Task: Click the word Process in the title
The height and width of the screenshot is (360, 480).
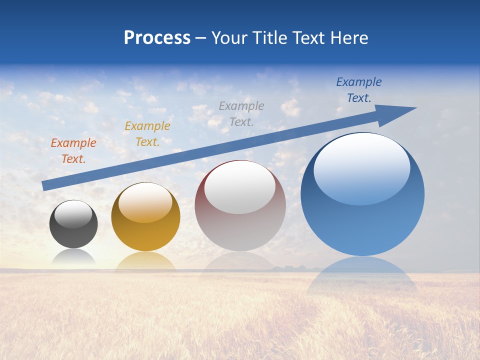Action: click(157, 38)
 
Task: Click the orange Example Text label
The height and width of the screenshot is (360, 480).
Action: click(73, 151)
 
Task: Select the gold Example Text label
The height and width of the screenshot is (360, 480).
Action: click(147, 134)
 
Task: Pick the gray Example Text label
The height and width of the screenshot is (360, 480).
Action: click(241, 113)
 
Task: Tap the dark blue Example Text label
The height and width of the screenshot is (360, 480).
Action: click(359, 90)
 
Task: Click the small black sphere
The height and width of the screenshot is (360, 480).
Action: click(73, 232)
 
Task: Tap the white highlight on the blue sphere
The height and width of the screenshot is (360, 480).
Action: click(361, 167)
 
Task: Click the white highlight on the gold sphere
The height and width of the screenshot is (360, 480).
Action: click(145, 202)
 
